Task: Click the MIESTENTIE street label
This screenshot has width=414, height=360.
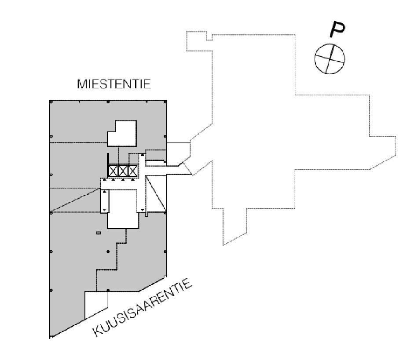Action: click(114, 84)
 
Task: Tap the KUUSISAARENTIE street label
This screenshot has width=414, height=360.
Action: click(143, 308)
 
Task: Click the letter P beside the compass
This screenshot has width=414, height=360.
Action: click(337, 29)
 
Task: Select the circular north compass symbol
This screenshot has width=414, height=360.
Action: click(329, 58)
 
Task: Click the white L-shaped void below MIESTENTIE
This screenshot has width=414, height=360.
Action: click(123, 134)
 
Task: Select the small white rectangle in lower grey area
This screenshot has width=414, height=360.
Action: click(98, 233)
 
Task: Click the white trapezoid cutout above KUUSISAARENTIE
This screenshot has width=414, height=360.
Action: click(95, 305)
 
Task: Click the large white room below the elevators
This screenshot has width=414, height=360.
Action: click(123, 207)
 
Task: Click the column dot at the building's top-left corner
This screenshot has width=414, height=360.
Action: click(51, 102)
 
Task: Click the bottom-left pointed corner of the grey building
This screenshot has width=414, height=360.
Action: click(51, 337)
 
